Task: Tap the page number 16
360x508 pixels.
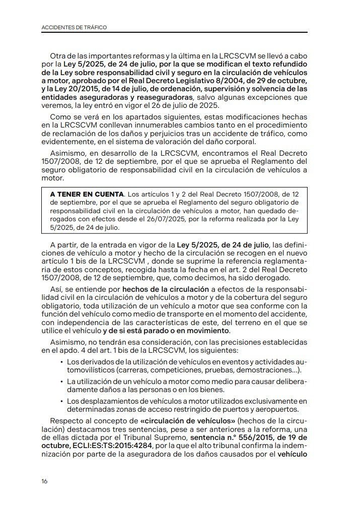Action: tap(45, 481)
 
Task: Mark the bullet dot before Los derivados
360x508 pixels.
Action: tap(61, 363)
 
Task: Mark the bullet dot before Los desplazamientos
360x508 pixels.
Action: tap(61, 401)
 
